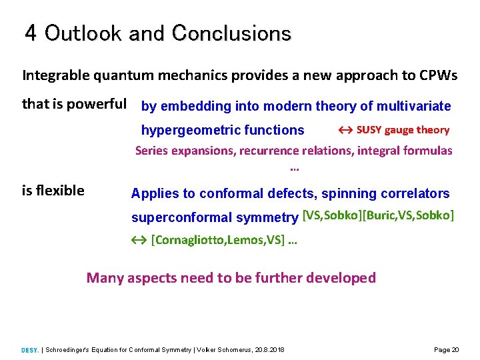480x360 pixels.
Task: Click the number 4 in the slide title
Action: [x=31, y=33]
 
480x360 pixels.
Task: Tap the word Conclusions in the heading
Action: [x=231, y=33]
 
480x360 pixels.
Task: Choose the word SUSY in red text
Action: [x=369, y=130]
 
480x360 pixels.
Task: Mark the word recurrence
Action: [x=270, y=151]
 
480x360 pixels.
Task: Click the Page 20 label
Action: [x=446, y=350]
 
